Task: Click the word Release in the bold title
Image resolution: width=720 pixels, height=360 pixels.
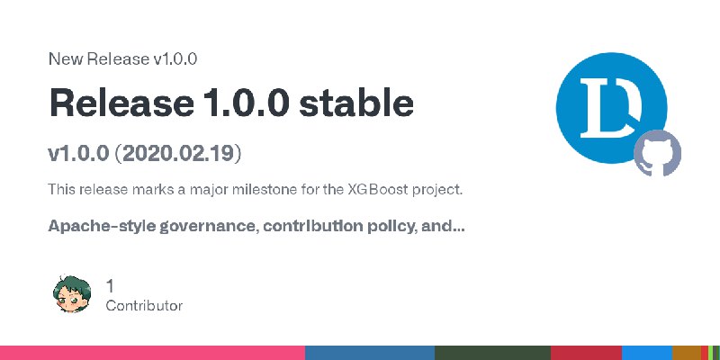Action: tap(121, 103)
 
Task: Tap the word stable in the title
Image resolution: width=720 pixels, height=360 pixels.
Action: tap(356, 103)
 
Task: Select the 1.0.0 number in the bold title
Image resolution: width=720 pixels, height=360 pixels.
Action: tap(246, 103)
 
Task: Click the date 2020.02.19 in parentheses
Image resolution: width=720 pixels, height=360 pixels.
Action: tap(178, 154)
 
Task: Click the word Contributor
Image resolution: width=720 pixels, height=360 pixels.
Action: tap(144, 306)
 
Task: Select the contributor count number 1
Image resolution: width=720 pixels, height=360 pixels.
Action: tap(110, 286)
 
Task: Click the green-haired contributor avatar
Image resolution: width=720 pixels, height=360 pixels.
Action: tap(72, 294)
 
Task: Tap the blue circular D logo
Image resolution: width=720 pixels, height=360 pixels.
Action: tap(611, 107)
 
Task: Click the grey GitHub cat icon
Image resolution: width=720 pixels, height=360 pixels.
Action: tap(658, 153)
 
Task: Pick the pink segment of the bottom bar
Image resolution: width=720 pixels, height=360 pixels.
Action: tap(152, 353)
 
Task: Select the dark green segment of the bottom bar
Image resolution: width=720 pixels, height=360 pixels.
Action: tap(492, 353)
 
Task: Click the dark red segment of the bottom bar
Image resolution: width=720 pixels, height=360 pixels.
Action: tap(587, 353)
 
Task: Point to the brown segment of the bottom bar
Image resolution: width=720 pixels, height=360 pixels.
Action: tap(687, 353)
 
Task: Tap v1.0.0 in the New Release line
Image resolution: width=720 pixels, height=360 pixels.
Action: tap(175, 59)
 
